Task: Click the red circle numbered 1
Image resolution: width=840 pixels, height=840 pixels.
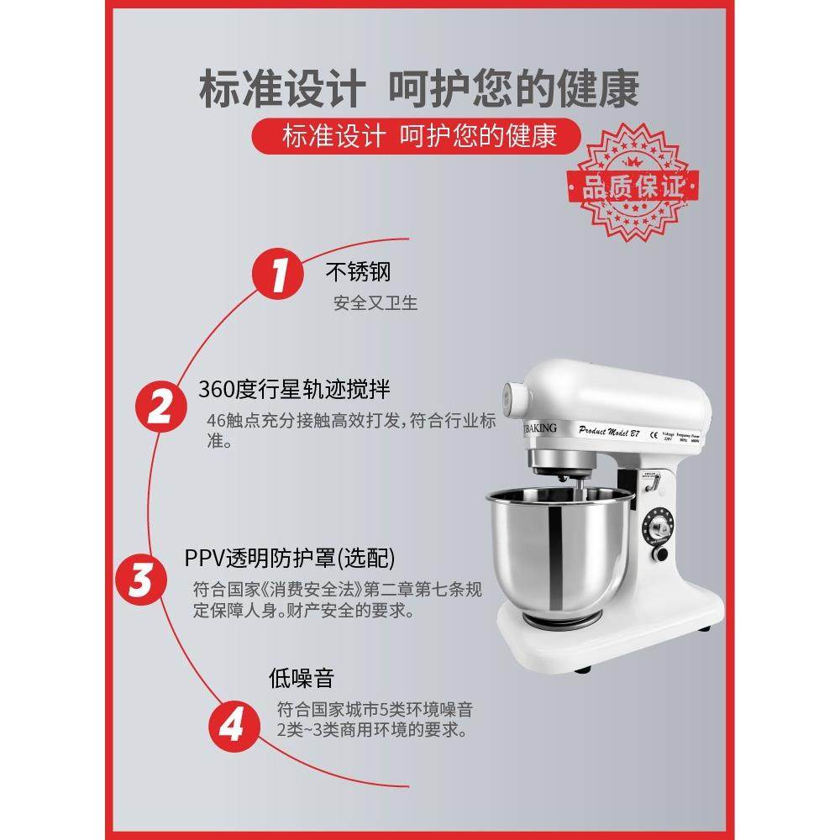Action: coord(279,275)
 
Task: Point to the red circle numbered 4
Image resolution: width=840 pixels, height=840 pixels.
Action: coord(229,724)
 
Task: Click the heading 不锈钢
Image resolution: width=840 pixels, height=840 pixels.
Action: coord(358,272)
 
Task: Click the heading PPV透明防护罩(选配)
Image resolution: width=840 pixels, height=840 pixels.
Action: coord(290,559)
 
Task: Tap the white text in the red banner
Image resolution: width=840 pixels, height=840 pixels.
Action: coord(419,136)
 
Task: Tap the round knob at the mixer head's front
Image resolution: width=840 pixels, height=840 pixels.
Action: coord(510,396)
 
